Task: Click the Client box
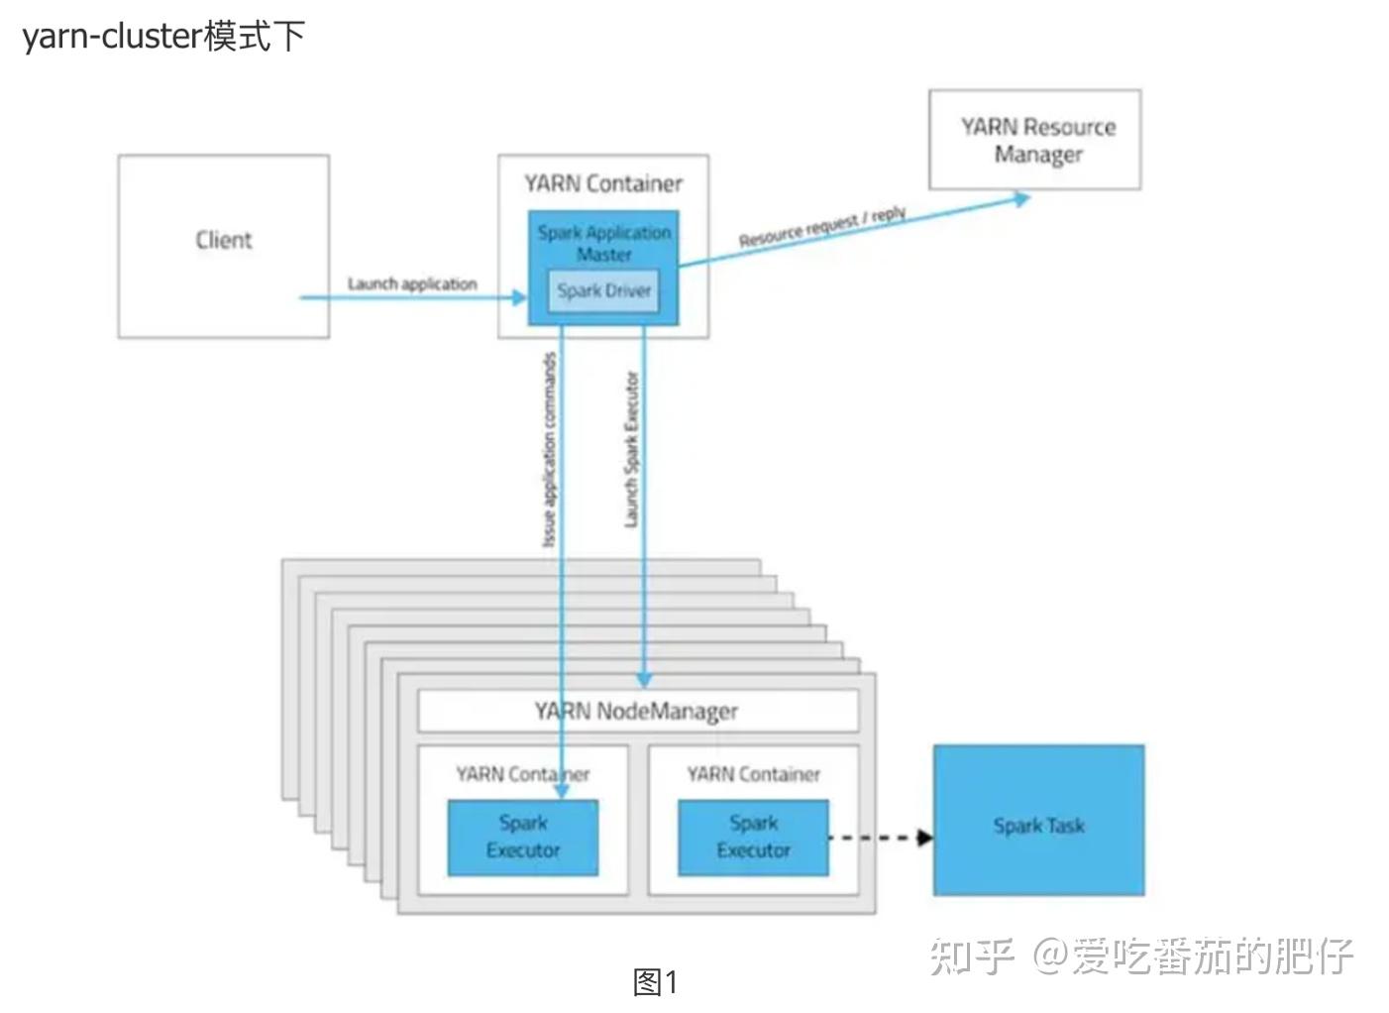coord(223,246)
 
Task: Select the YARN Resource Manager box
coord(1034,140)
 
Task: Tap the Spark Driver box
coord(603,291)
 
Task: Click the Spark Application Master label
coord(603,243)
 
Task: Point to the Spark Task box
coord(1038,821)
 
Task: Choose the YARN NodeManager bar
coord(637,711)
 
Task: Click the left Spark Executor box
coord(522,838)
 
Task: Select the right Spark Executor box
coord(753,838)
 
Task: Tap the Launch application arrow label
coord(411,283)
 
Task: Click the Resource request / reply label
coord(821,227)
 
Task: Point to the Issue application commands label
coord(549,451)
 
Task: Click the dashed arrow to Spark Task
coord(877,838)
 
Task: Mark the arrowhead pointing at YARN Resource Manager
coord(1021,198)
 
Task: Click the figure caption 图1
coord(655,982)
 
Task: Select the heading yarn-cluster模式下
coord(163,37)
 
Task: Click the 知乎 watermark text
coord(971,956)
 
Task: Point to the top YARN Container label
coord(603,183)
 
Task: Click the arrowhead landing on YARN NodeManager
coord(644,680)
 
